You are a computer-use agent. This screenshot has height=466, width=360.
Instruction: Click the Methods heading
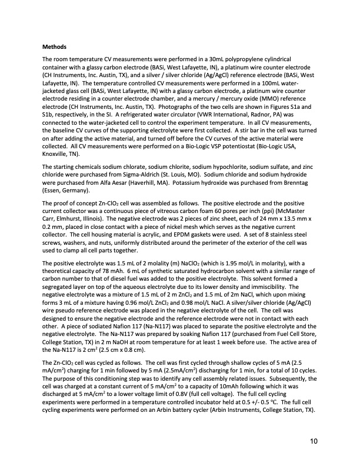pyautogui.click(x=55, y=46)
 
